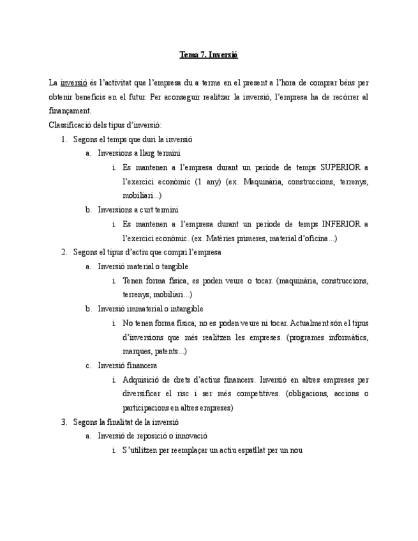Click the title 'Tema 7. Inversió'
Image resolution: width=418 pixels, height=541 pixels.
209,55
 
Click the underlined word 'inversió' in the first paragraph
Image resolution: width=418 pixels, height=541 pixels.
74,83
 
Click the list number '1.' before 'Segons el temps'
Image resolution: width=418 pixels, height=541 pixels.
64,139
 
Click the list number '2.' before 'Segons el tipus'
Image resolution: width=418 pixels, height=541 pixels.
64,252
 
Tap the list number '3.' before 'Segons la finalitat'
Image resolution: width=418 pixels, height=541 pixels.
64,422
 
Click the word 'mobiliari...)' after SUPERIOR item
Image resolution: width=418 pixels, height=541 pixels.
142,195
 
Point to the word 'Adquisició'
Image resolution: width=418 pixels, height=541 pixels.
141,380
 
